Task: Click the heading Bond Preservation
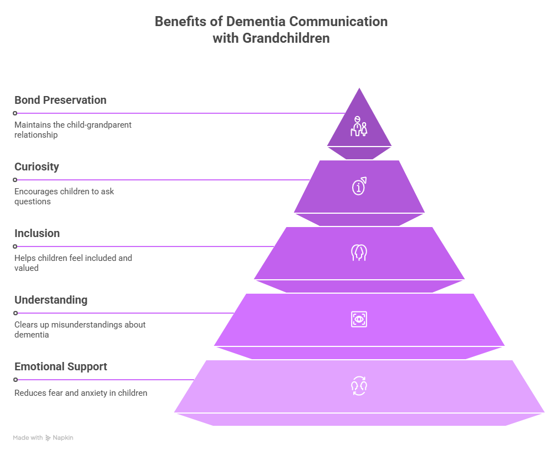pos(60,100)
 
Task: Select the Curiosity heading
pos(37,167)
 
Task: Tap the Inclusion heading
pos(37,234)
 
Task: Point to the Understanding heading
pos(51,300)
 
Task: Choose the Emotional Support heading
pos(61,367)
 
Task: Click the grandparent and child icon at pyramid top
pos(359,127)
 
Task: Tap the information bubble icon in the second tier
pos(359,187)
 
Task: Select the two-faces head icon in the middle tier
pos(359,253)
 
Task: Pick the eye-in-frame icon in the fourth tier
pos(359,319)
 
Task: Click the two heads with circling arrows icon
pos(359,386)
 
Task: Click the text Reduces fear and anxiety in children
pos(81,393)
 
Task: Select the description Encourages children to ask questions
pos(64,197)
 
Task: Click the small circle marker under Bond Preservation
pos(15,113)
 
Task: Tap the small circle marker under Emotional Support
pos(15,380)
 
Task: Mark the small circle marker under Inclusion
pos(15,246)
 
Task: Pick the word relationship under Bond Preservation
pos(36,135)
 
